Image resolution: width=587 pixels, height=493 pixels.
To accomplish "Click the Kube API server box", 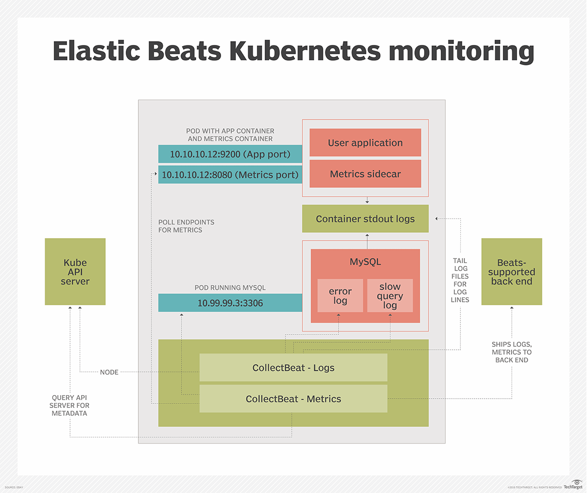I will pyautogui.click(x=75, y=271).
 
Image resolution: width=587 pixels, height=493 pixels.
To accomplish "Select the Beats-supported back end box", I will pyautogui.click(x=512, y=271).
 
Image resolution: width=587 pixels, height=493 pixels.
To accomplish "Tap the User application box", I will pyautogui.click(x=365, y=143).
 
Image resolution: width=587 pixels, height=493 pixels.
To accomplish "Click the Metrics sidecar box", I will pyautogui.click(x=365, y=174).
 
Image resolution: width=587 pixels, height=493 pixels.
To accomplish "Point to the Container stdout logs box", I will pyautogui.click(x=365, y=219).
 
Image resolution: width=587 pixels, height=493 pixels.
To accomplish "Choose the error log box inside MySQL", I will pyautogui.click(x=340, y=295).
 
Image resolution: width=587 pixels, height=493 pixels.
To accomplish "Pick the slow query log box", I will pyautogui.click(x=390, y=295).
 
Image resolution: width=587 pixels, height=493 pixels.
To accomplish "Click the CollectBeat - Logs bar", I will pyautogui.click(x=293, y=368).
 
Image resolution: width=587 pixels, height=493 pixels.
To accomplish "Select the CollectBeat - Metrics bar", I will pyautogui.click(x=293, y=399).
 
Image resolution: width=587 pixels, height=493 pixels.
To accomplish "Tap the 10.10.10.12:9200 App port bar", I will pyautogui.click(x=230, y=154).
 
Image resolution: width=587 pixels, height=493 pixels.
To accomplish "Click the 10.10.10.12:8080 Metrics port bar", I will pyautogui.click(x=230, y=175).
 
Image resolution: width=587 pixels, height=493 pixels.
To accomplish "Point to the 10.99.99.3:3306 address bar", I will pyautogui.click(x=230, y=303).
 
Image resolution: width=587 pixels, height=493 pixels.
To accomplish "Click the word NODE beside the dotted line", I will pyautogui.click(x=109, y=372).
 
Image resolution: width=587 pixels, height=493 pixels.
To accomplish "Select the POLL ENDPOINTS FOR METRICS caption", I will pyautogui.click(x=186, y=226).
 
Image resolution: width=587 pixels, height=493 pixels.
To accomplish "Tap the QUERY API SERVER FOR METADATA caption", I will pyautogui.click(x=70, y=405).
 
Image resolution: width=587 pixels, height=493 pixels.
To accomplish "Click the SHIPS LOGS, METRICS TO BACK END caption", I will pyautogui.click(x=512, y=352).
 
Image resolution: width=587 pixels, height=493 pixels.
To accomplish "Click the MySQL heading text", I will pyautogui.click(x=365, y=262).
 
